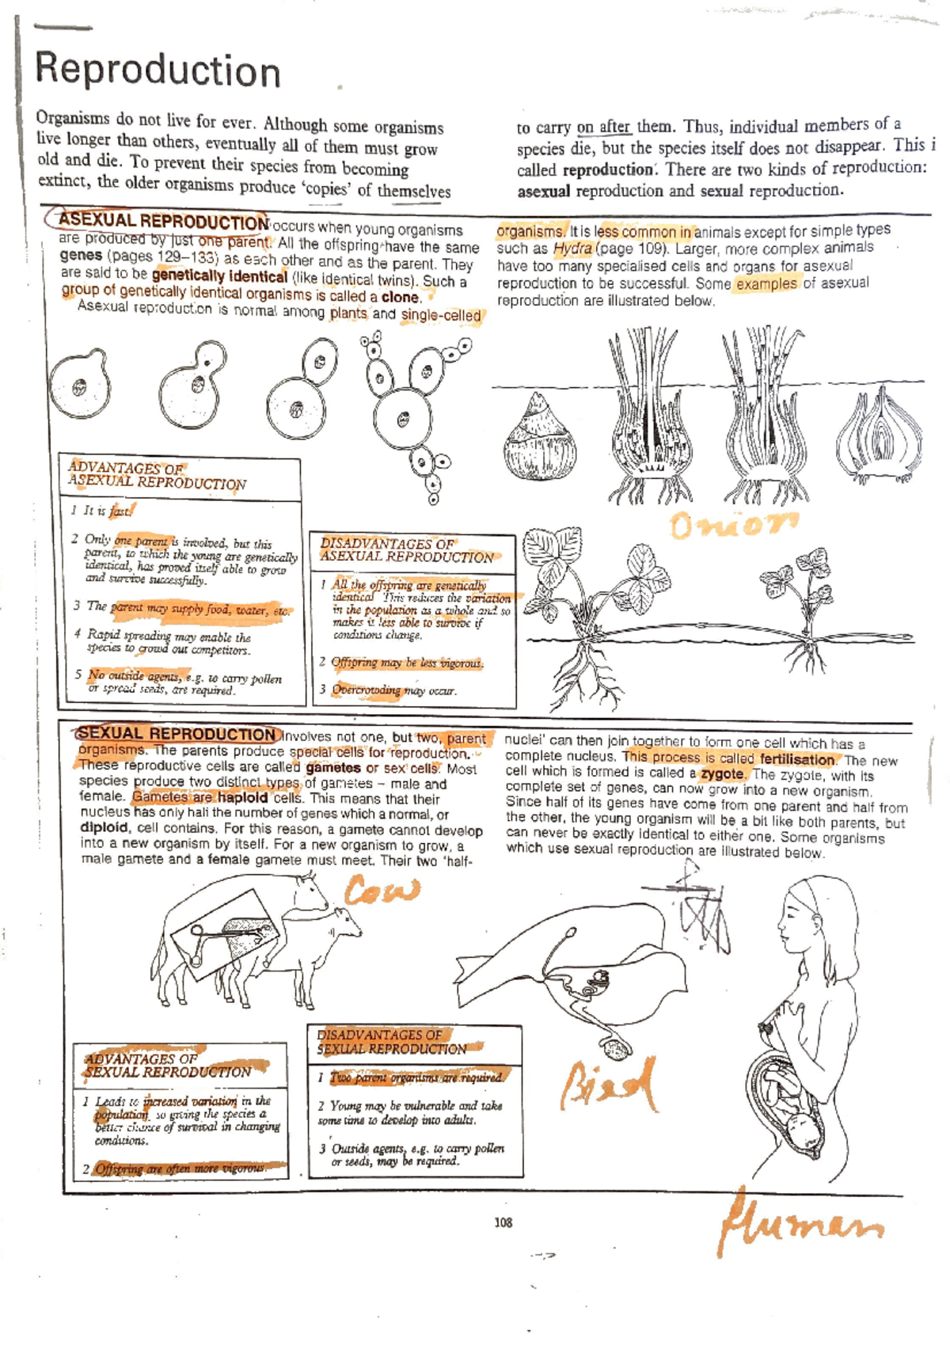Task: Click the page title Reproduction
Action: (158, 70)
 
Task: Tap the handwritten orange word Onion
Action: (733, 524)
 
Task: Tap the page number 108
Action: (503, 1222)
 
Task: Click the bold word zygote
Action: (722, 774)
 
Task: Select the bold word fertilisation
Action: (796, 759)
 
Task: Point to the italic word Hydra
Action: (572, 249)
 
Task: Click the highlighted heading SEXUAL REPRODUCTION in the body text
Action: (177, 734)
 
